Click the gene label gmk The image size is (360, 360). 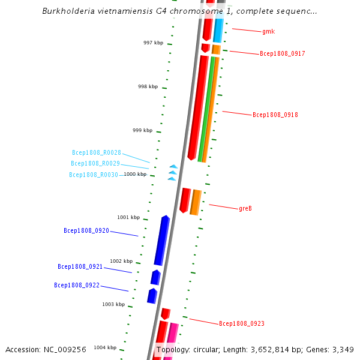(268, 31)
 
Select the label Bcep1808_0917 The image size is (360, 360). (282, 54)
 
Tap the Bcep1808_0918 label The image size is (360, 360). (275, 115)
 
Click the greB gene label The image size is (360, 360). (245, 209)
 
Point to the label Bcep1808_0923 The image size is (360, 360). (241, 324)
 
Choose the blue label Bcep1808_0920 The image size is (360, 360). (86, 231)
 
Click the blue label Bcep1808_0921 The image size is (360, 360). (80, 267)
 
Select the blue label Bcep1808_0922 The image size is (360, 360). (77, 286)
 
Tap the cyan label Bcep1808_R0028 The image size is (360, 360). (97, 153)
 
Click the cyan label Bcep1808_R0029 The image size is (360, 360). (95, 164)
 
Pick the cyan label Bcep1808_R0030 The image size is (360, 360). (94, 175)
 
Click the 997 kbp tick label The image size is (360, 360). (153, 43)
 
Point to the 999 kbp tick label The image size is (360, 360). (143, 131)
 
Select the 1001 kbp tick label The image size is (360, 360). (128, 217)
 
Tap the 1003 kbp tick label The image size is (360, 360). (113, 305)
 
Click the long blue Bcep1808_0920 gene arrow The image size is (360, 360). (161, 241)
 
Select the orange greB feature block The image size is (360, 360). (196, 202)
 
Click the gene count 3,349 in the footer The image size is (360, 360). (343, 349)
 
